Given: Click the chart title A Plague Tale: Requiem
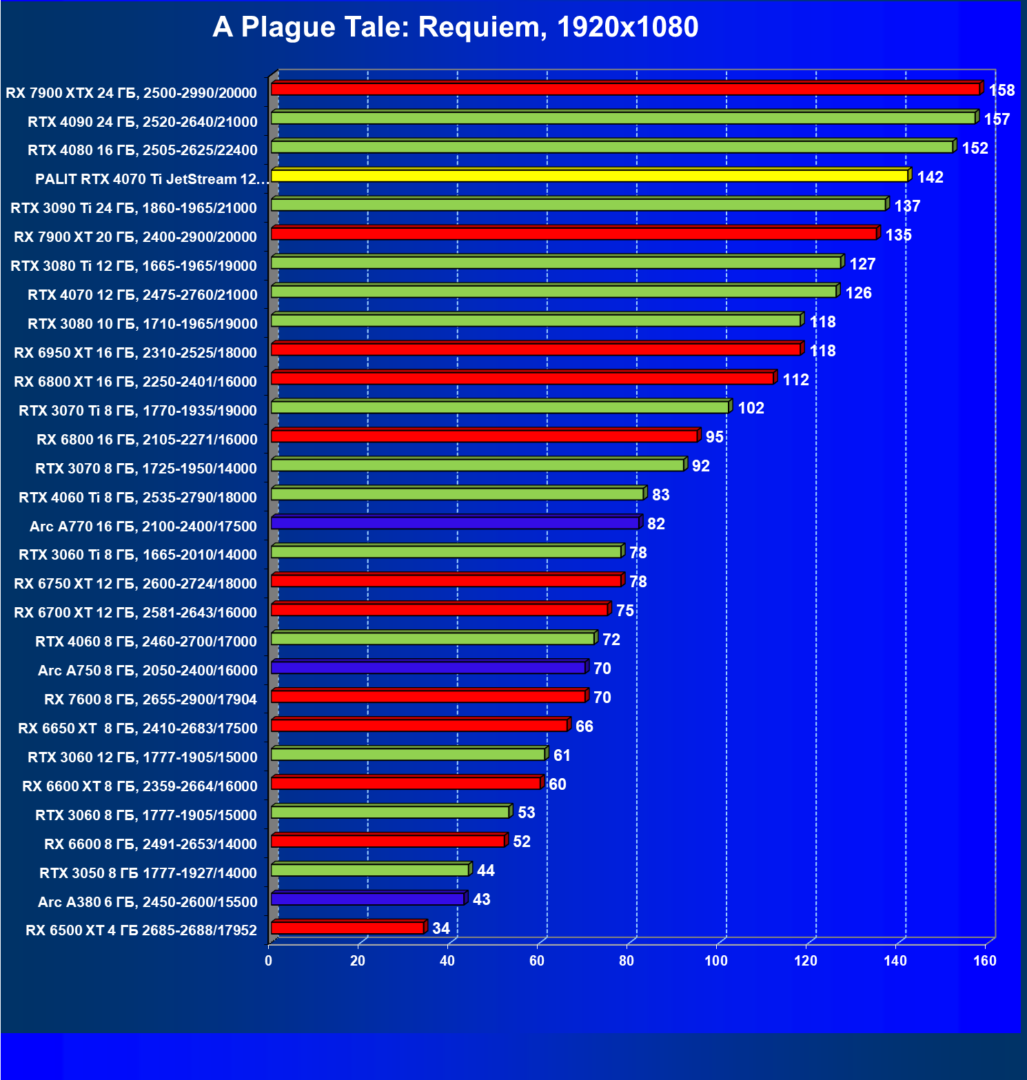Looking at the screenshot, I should pos(455,28).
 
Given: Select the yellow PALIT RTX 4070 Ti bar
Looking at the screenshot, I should pos(589,176).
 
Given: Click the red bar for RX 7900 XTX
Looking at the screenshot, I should pos(625,89).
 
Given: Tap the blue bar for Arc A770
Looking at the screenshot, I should pos(455,523).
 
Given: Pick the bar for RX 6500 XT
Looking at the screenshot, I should pos(347,928).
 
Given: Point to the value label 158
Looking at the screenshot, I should pos(1001,90).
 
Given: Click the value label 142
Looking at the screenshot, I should pos(930,177).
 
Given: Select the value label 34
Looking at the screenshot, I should pos(441,928).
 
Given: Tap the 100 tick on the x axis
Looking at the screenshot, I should pos(716,961).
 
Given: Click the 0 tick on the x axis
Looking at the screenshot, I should pos(269,961).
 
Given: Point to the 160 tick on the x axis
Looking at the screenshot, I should pos(985,961).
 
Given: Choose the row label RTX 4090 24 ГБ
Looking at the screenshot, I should pos(142,122).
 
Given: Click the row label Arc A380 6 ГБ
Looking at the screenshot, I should pos(148,901).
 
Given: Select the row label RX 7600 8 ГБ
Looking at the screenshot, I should pos(150,700).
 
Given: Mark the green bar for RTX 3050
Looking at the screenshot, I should pos(370,870).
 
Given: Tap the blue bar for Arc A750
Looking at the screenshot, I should pos(428,667).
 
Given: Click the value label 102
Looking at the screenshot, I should pos(751,408).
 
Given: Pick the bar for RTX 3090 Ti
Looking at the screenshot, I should pos(578,205).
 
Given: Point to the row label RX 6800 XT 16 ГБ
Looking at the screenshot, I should pos(135,382).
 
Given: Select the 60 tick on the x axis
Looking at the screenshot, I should pos(537,961).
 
